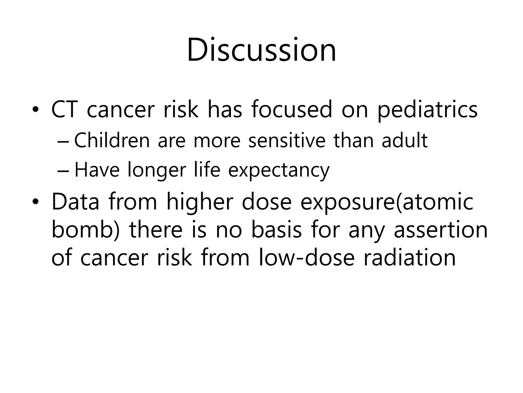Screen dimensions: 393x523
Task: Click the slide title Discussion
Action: (x=261, y=50)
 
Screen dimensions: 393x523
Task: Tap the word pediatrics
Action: (x=427, y=110)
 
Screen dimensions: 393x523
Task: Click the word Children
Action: (x=112, y=140)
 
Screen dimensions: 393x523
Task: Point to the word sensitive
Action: (x=287, y=140)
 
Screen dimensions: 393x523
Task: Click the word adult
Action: (x=405, y=140)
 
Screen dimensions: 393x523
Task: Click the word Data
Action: (x=75, y=202)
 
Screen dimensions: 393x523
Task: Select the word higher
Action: (x=200, y=202)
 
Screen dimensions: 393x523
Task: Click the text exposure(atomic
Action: (x=387, y=202)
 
